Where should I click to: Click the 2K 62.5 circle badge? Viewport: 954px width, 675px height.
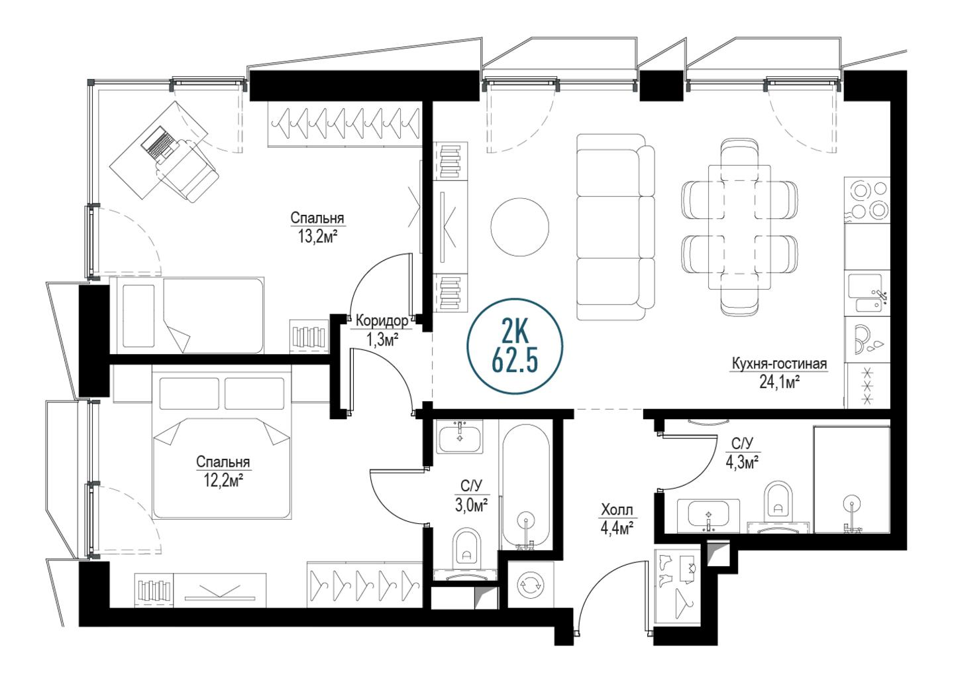point(515,346)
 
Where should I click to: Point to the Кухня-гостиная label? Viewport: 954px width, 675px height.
point(779,364)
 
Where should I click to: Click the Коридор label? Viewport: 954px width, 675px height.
point(382,320)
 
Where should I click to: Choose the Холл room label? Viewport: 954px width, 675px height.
point(617,510)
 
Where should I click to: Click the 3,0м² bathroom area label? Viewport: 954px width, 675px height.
point(472,507)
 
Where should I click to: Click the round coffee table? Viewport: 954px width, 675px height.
point(519,227)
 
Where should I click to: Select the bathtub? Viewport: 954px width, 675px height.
point(526,487)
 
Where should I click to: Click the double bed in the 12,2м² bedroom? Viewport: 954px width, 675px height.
point(222,444)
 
